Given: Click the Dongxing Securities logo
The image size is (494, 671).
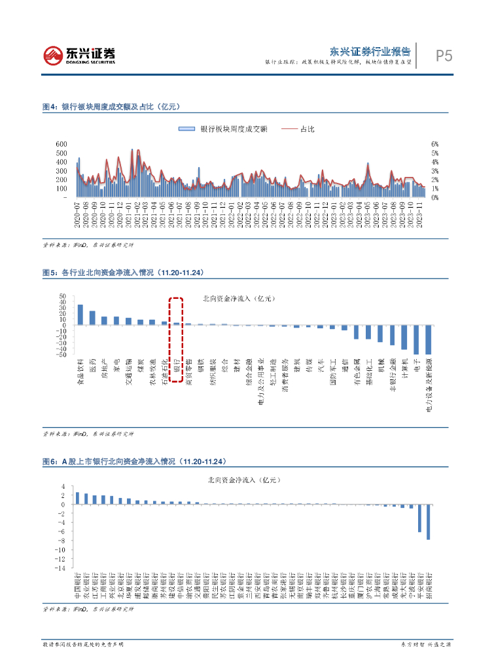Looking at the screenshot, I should click(79, 56).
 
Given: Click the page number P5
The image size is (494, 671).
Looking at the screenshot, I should click(444, 56).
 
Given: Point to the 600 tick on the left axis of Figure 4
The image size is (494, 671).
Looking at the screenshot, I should click(62, 144).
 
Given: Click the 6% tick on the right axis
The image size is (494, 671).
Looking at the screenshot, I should click(434, 144).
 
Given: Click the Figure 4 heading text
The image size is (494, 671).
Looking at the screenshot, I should click(111, 106).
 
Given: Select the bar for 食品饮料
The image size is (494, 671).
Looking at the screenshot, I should click(80, 315).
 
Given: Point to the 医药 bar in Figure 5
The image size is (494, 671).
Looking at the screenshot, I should click(92, 318).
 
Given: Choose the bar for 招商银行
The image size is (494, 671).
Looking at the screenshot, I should click(429, 522).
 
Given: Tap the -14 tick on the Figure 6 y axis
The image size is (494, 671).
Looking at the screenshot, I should click(62, 568).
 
